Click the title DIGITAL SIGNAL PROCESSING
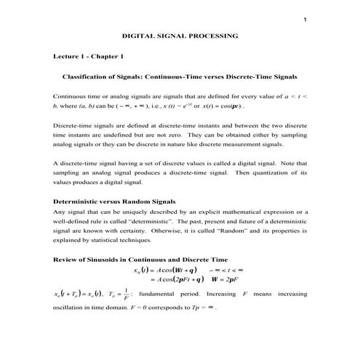[x=180, y=36]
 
